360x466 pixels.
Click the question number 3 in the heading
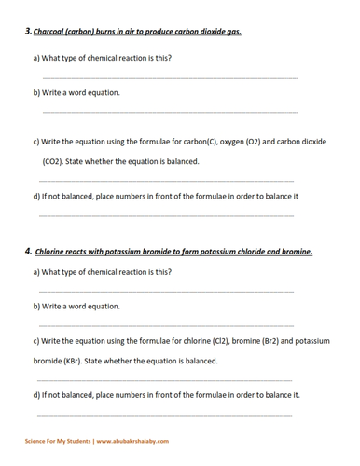[x=28, y=31]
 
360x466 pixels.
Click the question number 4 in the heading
[x=29, y=251]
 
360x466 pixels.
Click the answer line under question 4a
[x=168, y=292]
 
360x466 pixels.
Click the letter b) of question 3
[x=37, y=92]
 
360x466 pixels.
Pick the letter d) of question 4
[x=36, y=394]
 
